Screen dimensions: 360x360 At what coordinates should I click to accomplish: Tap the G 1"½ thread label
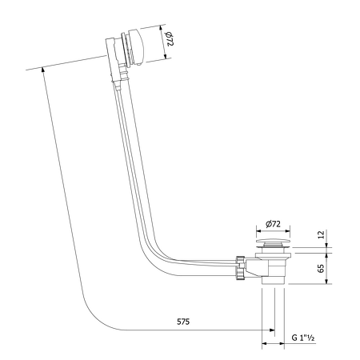click(x=305, y=339)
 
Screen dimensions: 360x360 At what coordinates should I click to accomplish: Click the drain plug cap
click(x=274, y=242)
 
